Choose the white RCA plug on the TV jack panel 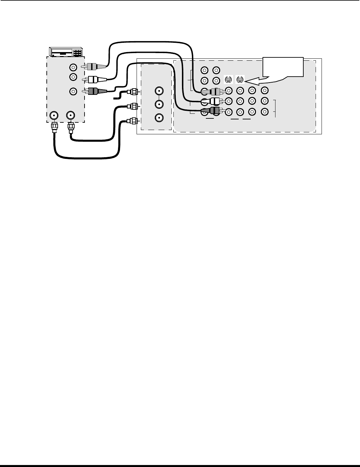215,101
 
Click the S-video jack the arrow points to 240,80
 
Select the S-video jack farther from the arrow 228,80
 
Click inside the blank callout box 283,67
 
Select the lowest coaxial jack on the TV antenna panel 159,118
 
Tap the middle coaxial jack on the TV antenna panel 159,104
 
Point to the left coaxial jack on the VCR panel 54,115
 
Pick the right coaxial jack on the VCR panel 70,115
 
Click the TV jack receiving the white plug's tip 228,101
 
